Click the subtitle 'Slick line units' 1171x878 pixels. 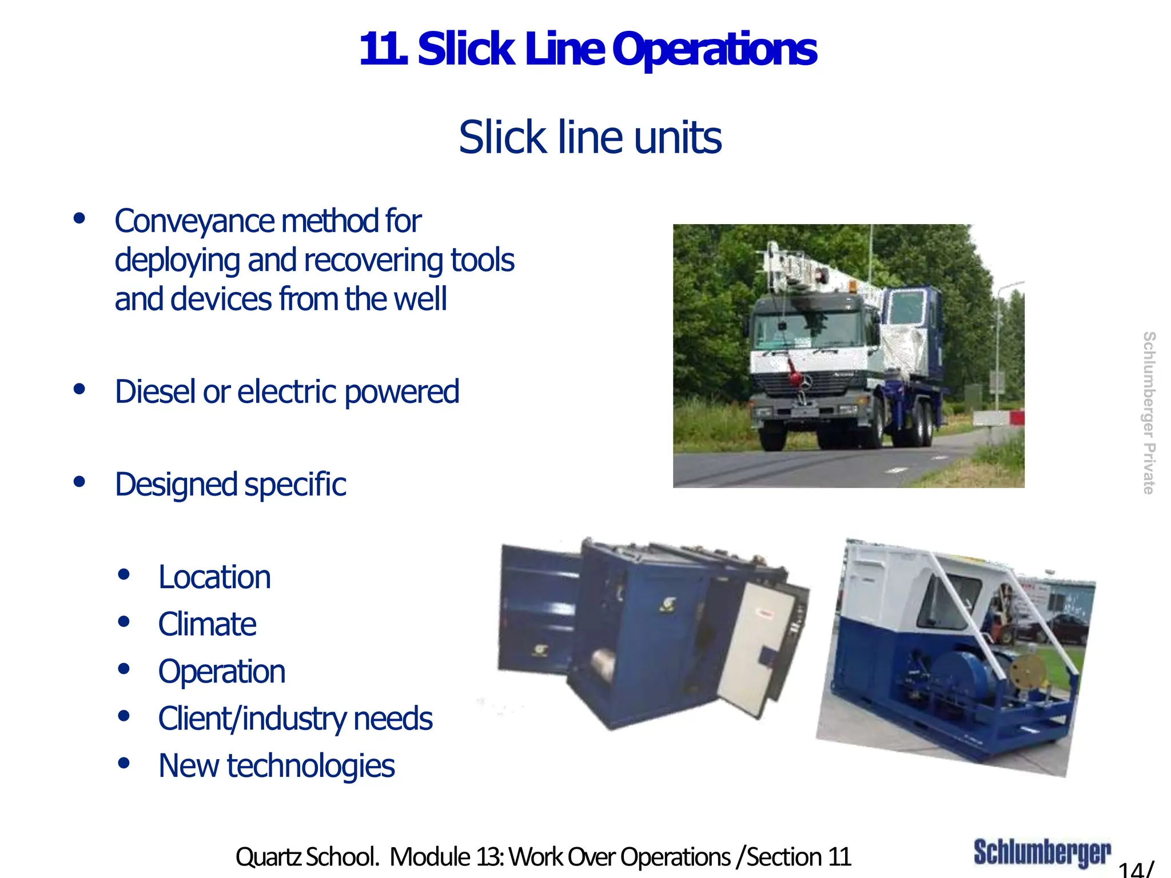tap(590, 138)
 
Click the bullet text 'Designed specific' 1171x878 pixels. tap(230, 485)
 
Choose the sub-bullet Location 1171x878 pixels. tap(214, 577)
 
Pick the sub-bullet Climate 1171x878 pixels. tap(207, 624)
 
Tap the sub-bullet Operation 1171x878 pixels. tap(222, 672)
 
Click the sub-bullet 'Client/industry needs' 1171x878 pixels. tap(295, 719)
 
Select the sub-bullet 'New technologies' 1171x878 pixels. tap(276, 766)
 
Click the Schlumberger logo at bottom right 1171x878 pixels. tap(1042, 853)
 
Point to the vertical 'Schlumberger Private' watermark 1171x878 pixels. tap(1148, 413)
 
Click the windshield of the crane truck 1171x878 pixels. tap(812, 329)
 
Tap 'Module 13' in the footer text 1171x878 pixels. tap(446, 857)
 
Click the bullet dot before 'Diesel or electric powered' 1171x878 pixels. tap(79, 390)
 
